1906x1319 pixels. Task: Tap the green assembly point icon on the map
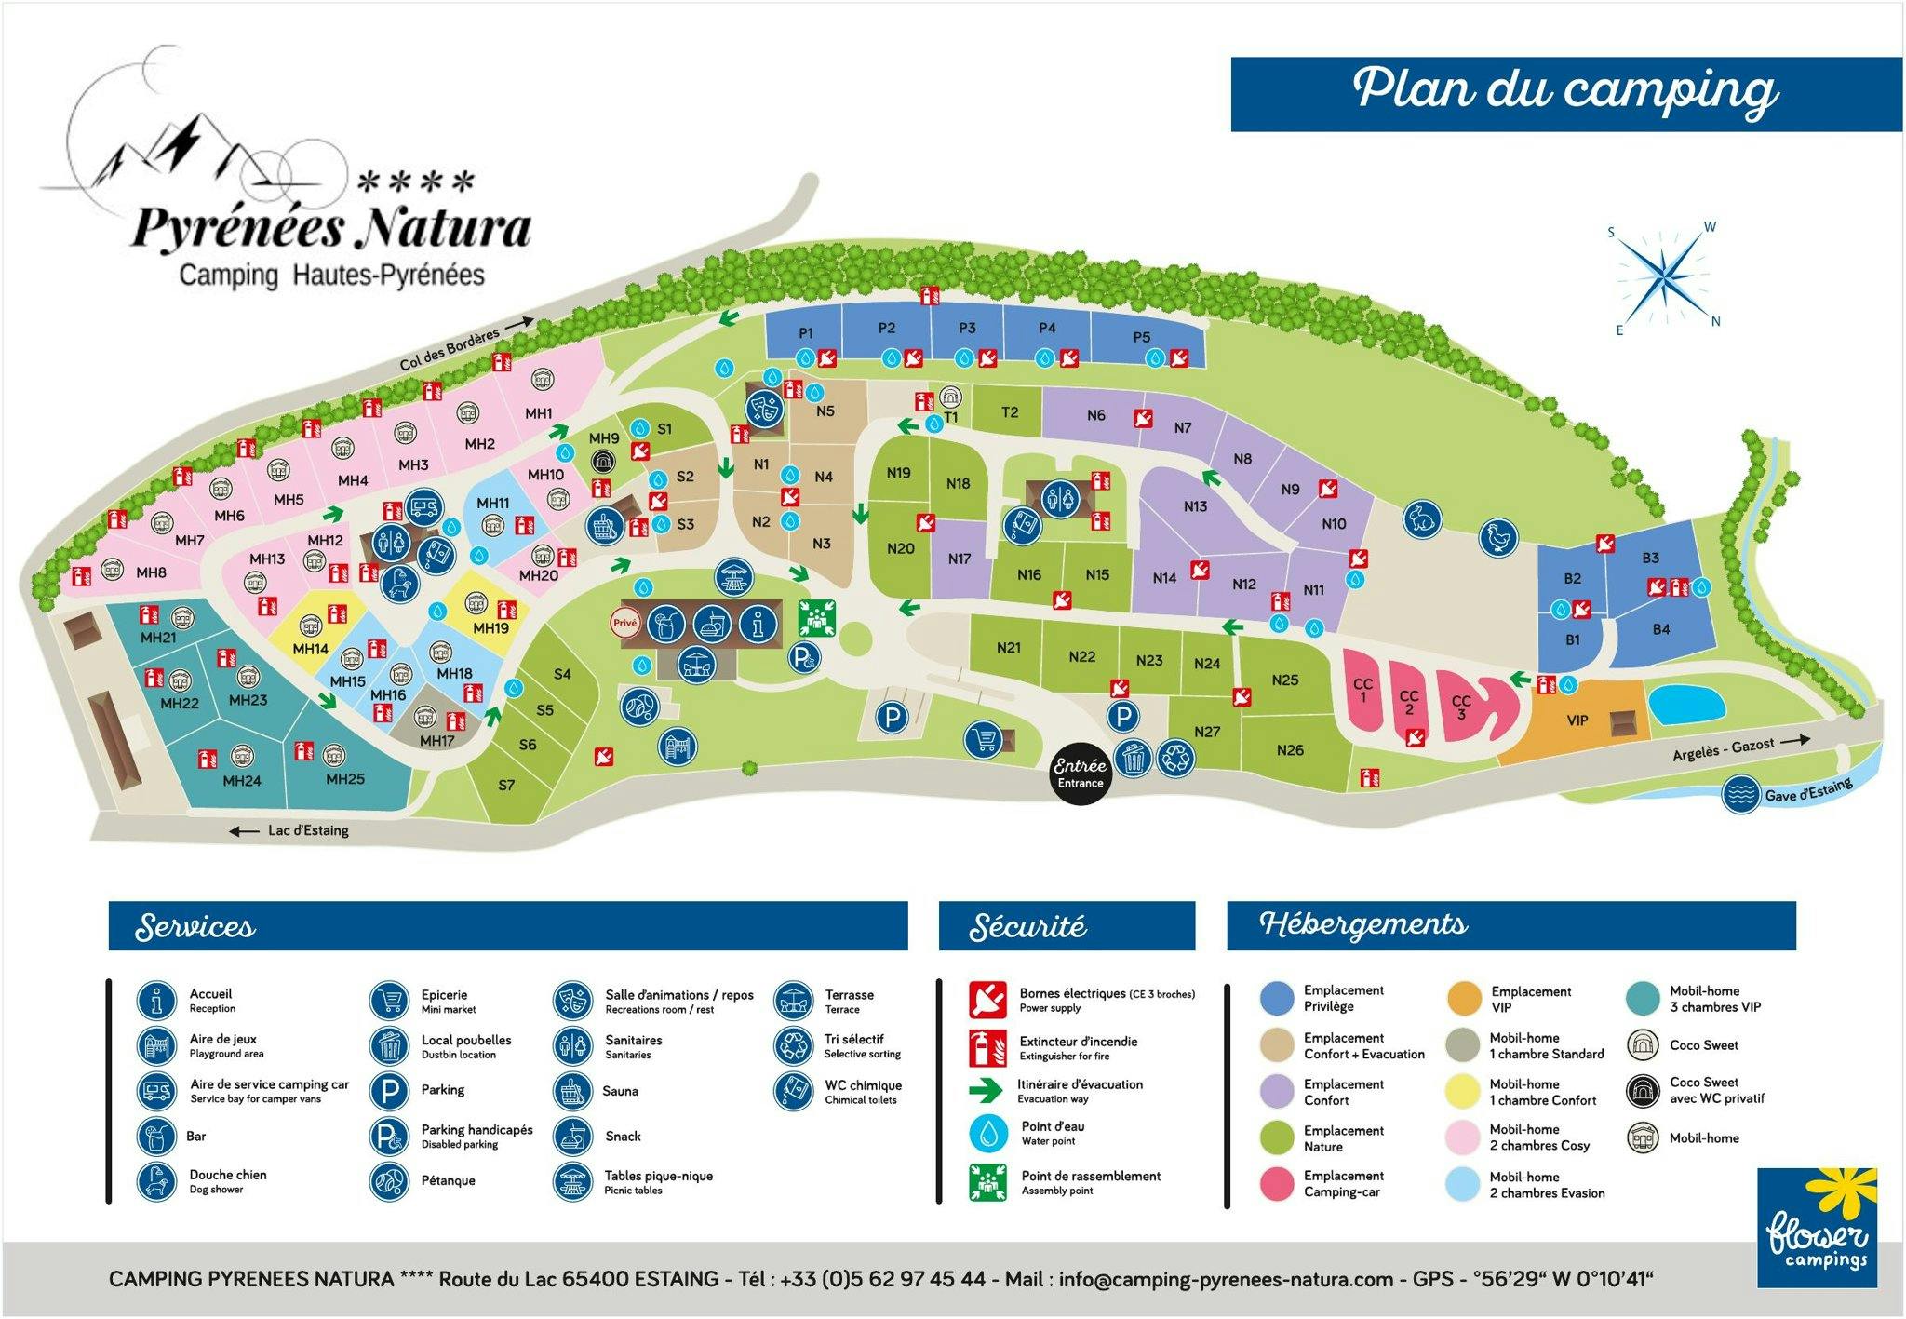816,618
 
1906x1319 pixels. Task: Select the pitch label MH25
344,779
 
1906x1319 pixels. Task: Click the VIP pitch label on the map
1577,720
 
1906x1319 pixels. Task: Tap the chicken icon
1498,537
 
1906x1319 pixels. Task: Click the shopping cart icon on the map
984,740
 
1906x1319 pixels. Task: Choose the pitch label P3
967,328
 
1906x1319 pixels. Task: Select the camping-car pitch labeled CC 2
1408,703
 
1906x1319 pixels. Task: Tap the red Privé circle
625,624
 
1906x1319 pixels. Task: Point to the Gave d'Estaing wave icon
1739,795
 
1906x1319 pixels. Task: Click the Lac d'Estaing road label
308,830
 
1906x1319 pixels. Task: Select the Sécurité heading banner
1067,926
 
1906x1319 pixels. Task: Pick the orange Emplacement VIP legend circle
1465,999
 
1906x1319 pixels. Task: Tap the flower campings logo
1817,1228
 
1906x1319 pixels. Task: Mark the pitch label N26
1290,750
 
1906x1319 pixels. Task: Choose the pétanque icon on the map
639,706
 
